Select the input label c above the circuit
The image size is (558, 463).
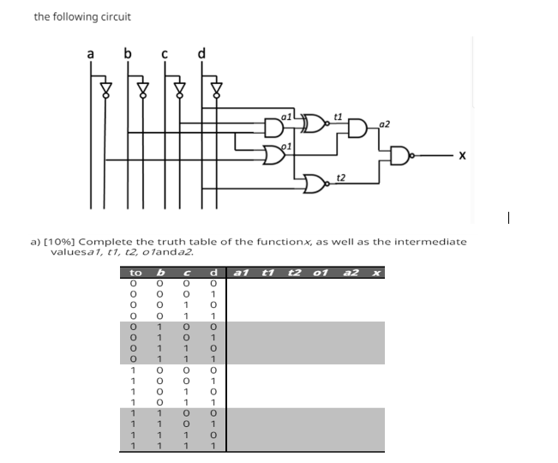pyautogui.click(x=165, y=57)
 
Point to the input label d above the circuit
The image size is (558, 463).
pyautogui.click(x=202, y=57)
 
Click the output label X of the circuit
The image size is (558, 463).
pyautogui.click(x=464, y=156)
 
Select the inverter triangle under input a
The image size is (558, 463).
pyautogui.click(x=106, y=87)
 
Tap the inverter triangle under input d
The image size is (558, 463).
pyautogui.click(x=218, y=87)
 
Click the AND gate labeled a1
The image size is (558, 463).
pyautogui.click(x=276, y=126)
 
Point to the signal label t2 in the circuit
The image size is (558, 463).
pyautogui.click(x=340, y=176)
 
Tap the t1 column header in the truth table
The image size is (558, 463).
pyautogui.click(x=267, y=273)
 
